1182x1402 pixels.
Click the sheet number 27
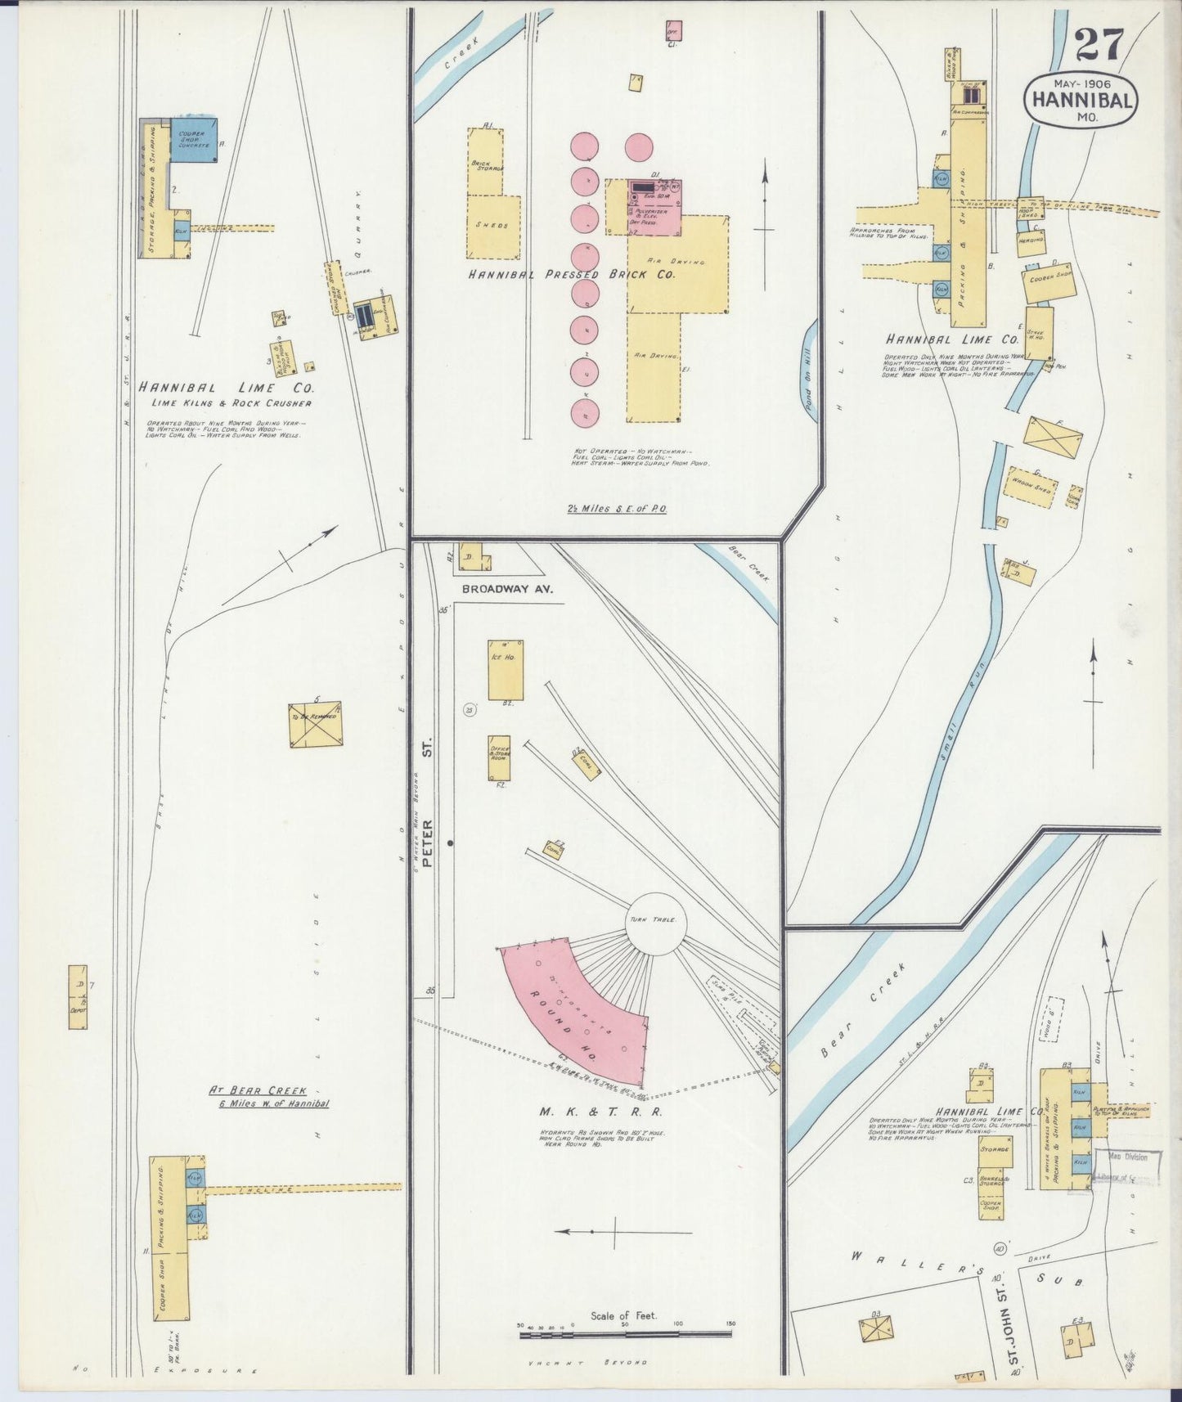point(1099,45)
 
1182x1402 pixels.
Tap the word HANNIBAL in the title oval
point(1081,100)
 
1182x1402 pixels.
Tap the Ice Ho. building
point(506,670)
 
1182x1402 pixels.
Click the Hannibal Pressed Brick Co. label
point(572,276)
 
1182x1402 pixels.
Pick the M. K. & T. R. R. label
point(600,1112)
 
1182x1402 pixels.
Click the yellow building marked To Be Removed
point(315,724)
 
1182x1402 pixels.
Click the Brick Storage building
point(485,162)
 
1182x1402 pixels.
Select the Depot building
point(78,997)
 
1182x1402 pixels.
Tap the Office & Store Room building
point(499,757)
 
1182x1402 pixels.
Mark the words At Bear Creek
point(258,1090)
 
